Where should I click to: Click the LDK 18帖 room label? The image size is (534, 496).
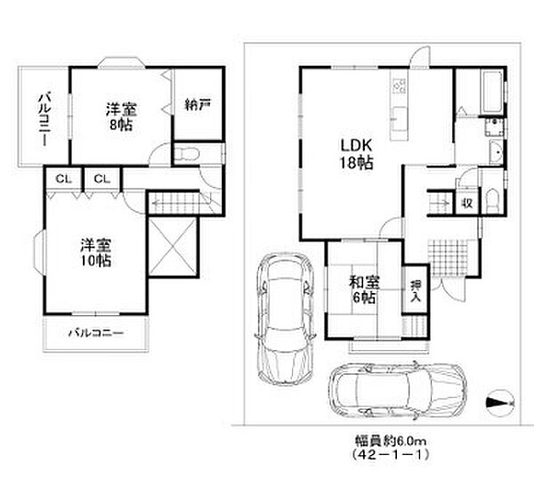pos(357,154)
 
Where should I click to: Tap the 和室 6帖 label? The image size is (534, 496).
pos(364,290)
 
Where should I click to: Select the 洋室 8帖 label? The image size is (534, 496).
pos(121,117)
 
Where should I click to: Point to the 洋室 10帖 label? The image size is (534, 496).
pos(96,252)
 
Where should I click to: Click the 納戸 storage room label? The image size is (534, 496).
pos(198,104)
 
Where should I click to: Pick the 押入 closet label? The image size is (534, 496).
pos(416,290)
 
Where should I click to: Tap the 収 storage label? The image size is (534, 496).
pos(467,204)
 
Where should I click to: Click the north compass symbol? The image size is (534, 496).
pos(500,403)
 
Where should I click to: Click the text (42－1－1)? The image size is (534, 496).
pos(391,454)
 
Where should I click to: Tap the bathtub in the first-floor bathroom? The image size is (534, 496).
pos(491,93)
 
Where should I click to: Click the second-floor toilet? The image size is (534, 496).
pos(186,154)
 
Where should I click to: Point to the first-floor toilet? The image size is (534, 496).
pos(492,201)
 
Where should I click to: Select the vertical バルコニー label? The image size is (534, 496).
pos(44,119)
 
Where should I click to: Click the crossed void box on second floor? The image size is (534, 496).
pos(173,247)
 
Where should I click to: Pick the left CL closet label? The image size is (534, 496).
pos(64,178)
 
